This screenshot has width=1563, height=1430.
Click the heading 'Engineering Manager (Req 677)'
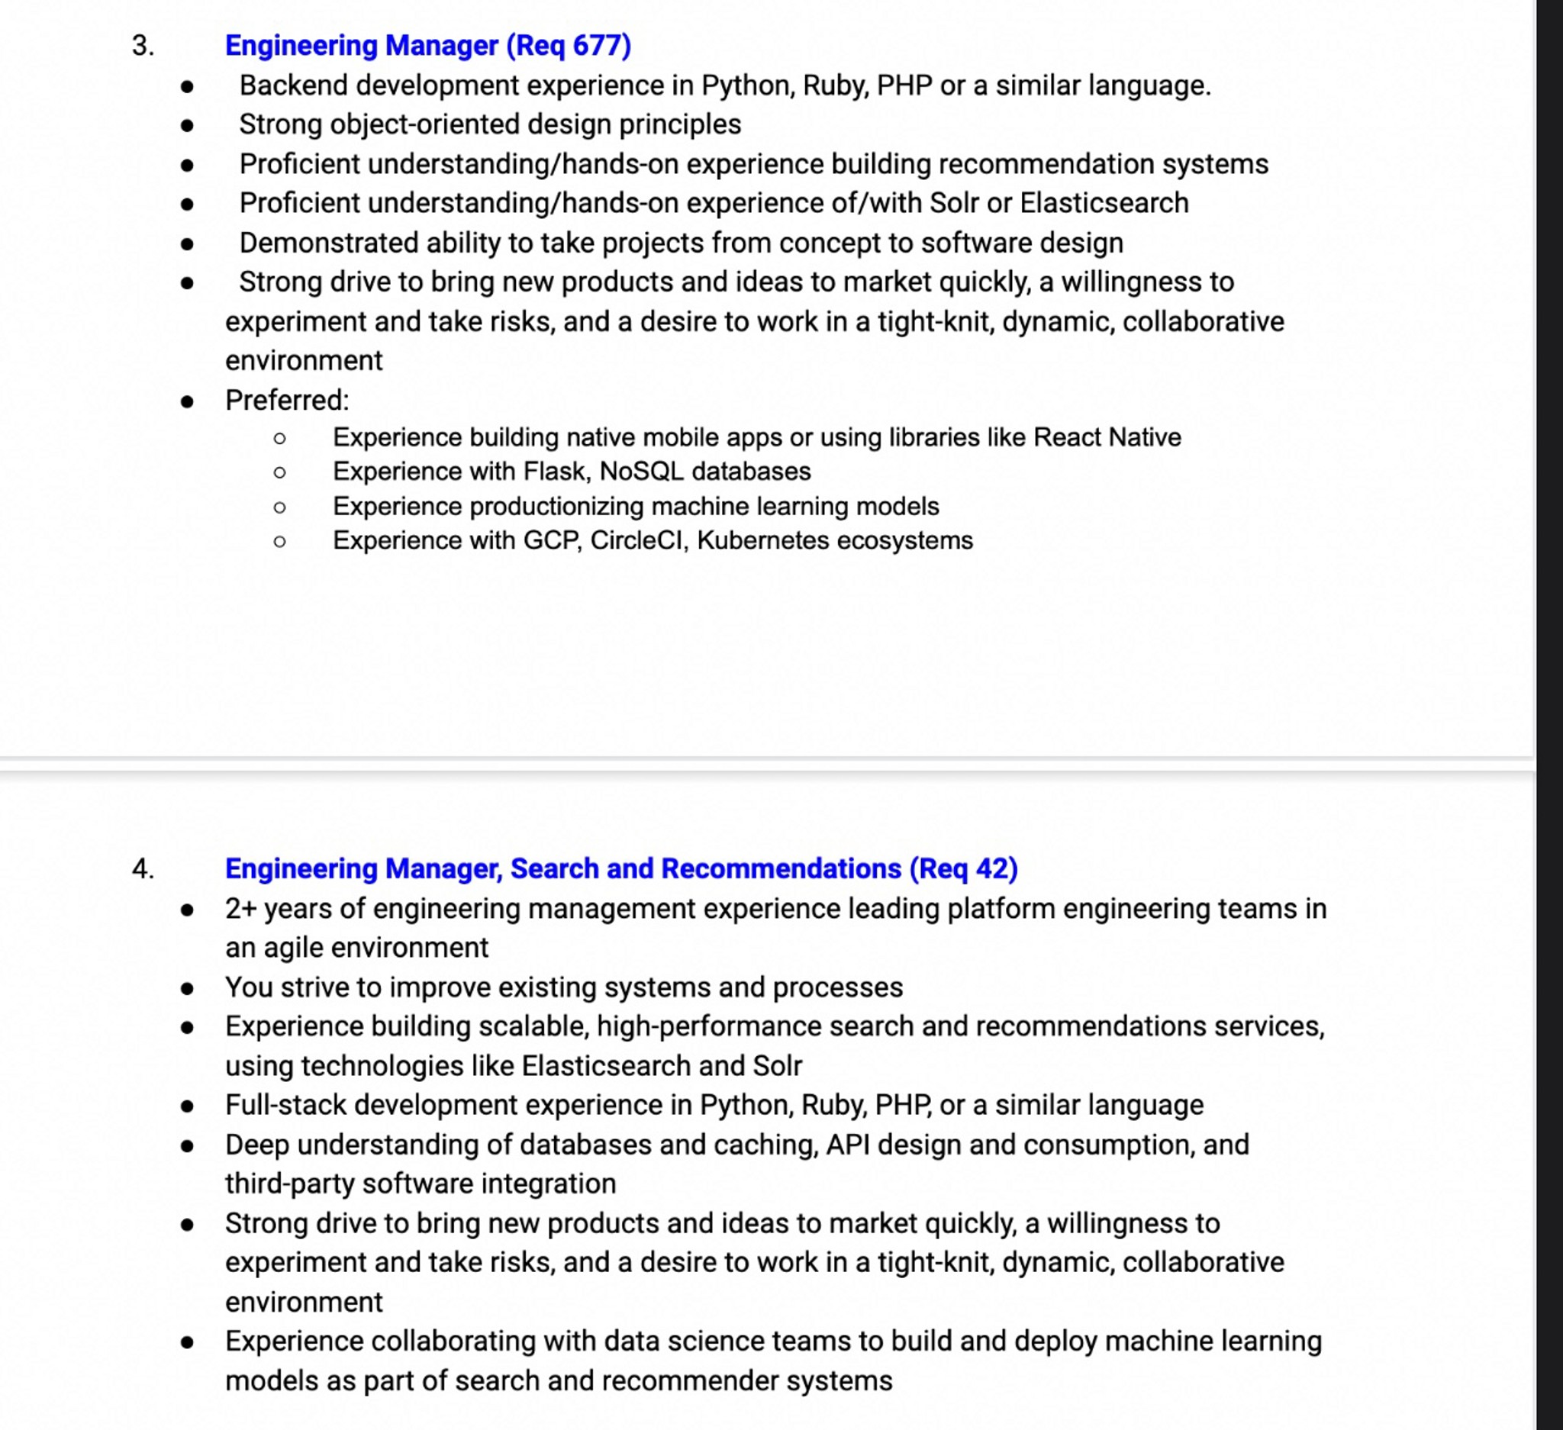pos(428,45)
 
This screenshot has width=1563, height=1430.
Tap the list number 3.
pos(143,45)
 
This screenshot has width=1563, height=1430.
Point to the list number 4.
pos(143,868)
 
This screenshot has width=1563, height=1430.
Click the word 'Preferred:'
pos(287,400)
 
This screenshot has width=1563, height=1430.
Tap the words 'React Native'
pos(1107,437)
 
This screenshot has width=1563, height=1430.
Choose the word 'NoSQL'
pos(641,472)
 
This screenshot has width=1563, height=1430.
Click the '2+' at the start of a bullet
pos(240,908)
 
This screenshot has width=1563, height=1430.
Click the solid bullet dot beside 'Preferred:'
pos(187,401)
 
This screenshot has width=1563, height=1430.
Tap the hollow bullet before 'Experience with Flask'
pos(280,472)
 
